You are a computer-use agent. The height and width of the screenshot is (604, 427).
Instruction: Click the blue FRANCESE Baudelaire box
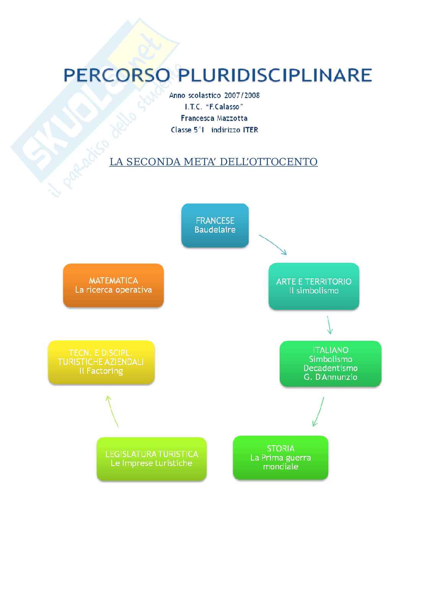pos(215,225)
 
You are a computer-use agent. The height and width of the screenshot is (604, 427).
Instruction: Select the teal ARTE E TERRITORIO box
pos(314,286)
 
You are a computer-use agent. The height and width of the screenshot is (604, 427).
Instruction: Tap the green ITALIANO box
pos(330,363)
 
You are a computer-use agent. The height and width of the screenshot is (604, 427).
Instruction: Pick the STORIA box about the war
pos(280,457)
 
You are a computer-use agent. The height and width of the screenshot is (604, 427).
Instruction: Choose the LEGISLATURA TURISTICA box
pos(152,459)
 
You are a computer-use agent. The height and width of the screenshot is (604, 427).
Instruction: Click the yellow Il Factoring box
pos(101,362)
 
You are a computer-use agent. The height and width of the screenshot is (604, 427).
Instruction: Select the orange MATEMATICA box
pos(113,285)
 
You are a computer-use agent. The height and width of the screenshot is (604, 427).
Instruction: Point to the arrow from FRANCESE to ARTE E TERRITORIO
pos(272,244)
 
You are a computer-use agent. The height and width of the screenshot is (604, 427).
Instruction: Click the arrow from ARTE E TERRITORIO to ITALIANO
pos(329,325)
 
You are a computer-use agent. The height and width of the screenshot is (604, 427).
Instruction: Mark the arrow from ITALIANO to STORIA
pos(318,411)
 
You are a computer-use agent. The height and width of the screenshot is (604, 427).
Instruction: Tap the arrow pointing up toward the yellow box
pos(113,411)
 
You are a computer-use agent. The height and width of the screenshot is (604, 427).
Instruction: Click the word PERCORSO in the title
pos(117,75)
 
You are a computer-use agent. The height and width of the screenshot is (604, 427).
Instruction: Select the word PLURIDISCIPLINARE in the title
pos(275,75)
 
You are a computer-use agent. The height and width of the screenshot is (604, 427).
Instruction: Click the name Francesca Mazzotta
pos(214,118)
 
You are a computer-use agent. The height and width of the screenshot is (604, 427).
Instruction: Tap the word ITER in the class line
pos(251,130)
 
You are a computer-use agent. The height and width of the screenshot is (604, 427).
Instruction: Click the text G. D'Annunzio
pos(330,377)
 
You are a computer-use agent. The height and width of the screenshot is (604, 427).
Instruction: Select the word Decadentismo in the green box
pos(330,368)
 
